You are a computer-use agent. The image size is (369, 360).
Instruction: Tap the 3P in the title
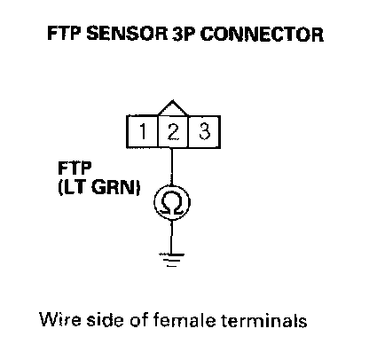pyautogui.click(x=184, y=34)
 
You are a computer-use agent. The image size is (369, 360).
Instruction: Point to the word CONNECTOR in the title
pyautogui.click(x=262, y=34)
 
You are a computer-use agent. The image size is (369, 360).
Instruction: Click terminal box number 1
pyautogui.click(x=143, y=131)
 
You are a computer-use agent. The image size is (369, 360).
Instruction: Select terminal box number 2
pyautogui.click(x=173, y=131)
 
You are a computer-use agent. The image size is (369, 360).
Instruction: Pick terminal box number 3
pyautogui.click(x=204, y=131)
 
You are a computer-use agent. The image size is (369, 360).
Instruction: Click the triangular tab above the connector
pyautogui.click(x=173, y=108)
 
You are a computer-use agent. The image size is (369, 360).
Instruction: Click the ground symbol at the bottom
pyautogui.click(x=171, y=260)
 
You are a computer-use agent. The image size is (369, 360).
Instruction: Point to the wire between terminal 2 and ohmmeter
pyautogui.click(x=171, y=167)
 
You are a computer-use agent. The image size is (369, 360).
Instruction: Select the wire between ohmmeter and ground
pyautogui.click(x=171, y=237)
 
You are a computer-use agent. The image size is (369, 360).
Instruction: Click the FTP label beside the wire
pyautogui.click(x=75, y=168)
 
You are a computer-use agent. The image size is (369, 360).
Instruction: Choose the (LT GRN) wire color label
pyautogui.click(x=98, y=188)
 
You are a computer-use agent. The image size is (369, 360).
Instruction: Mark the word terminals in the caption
pyautogui.click(x=263, y=319)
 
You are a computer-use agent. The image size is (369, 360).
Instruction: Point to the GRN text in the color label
pyautogui.click(x=114, y=188)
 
